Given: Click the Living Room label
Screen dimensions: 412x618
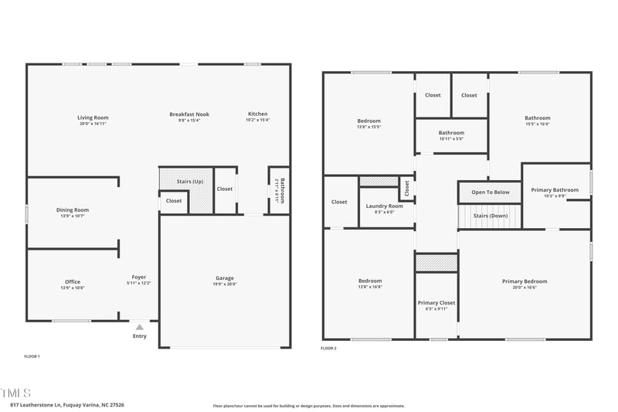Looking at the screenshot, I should (93, 117).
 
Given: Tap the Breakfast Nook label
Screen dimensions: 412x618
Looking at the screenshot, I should (189, 114).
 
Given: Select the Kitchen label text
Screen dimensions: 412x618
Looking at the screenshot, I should (257, 114).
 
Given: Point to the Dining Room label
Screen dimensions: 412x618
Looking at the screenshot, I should (73, 209).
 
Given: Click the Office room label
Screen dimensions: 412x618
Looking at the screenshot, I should (73, 281).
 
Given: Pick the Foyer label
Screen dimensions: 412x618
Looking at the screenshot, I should (139, 277).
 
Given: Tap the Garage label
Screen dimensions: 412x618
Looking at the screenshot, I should (225, 278).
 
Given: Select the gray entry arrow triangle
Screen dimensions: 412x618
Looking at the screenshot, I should (140, 327).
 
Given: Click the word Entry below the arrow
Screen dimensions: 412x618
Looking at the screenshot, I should (140, 336).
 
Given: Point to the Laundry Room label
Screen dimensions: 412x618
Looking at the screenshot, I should (385, 206).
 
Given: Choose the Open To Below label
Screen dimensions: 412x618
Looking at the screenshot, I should (491, 192).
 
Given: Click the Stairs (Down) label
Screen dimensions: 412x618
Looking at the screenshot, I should (491, 216).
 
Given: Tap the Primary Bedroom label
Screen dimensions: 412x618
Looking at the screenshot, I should (525, 281).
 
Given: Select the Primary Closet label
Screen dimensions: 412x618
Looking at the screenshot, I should (436, 302).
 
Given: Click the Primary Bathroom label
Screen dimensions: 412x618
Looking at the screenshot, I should (555, 190).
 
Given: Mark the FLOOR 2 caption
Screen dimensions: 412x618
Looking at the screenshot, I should (328, 349).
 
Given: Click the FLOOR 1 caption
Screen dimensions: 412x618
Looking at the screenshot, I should (32, 356).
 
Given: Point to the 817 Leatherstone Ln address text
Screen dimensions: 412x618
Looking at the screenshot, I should (67, 404).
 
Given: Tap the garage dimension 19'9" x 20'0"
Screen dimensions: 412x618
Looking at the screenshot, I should (225, 284).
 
